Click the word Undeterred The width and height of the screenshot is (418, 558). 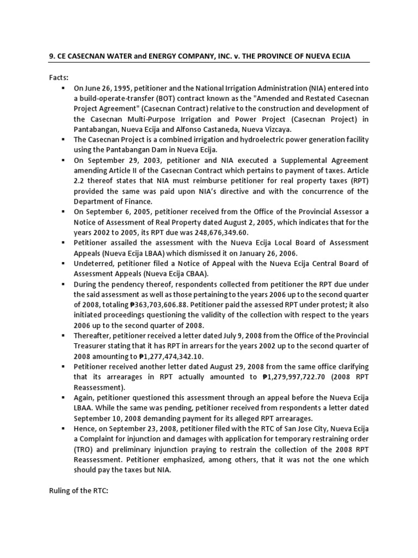click(x=94, y=264)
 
